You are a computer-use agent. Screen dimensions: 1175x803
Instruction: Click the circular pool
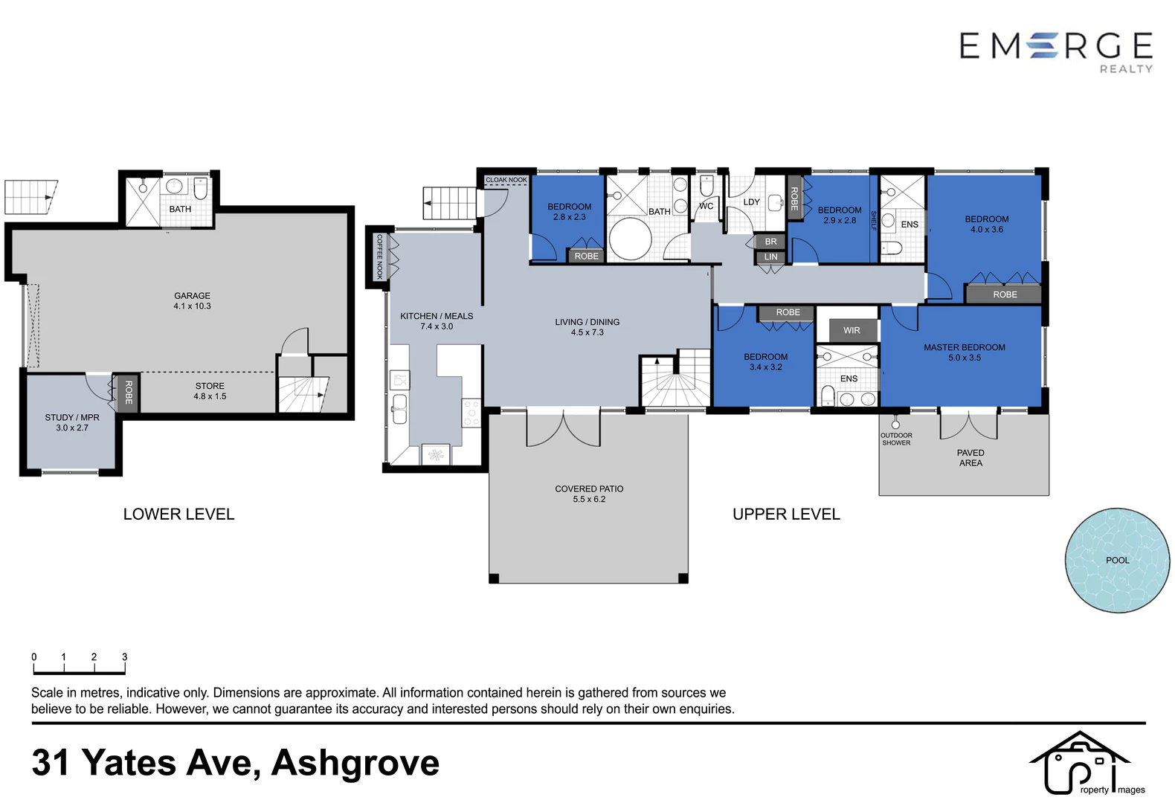[1117, 560]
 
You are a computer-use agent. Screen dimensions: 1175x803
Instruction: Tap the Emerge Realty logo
[1056, 52]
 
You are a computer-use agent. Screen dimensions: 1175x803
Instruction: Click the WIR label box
[852, 330]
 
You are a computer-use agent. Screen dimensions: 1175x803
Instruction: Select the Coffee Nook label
[379, 257]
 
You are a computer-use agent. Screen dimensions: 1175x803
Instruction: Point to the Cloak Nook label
[506, 180]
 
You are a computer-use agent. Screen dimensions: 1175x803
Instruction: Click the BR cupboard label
[770, 241]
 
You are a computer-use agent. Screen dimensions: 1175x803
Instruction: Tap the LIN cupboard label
[770, 257]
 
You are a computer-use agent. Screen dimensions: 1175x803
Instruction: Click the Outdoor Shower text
[896, 439]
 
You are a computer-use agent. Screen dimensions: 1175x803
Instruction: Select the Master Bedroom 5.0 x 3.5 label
[965, 352]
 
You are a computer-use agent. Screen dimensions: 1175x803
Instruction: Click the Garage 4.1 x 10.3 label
[192, 301]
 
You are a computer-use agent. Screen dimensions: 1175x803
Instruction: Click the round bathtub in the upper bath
[630, 239]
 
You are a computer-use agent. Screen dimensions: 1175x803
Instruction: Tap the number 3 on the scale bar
[124, 657]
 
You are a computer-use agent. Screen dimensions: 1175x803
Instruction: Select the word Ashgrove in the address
[355, 763]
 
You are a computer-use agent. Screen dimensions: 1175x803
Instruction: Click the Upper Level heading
[786, 514]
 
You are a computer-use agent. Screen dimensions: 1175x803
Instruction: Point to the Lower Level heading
[179, 514]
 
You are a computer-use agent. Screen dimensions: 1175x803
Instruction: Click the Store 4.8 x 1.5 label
[210, 391]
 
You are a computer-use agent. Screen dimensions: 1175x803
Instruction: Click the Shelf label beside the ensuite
[873, 221]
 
